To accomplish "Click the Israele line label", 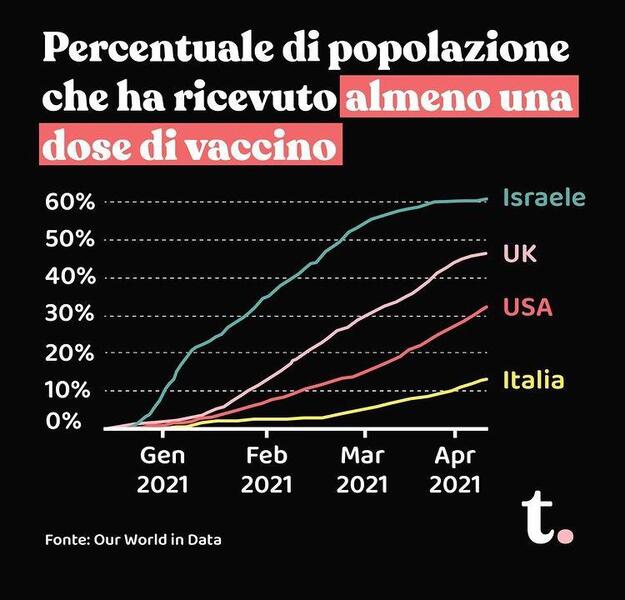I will coord(544,197).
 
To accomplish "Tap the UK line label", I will coord(520,254).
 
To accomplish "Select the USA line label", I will coord(526,306).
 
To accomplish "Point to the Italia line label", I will coord(533,380).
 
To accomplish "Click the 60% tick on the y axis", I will coord(70,202).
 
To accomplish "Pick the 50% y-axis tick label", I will coord(70,240).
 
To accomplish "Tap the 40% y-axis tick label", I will coord(70,277).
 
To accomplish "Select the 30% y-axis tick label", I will coord(70,315).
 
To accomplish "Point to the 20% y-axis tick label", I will coord(70,353).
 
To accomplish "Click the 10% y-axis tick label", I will coord(70,390).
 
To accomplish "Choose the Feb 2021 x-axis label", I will coord(267,469).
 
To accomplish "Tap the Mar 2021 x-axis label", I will coord(363,469).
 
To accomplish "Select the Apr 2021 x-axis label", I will coord(455,469).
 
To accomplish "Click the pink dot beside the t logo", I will coord(566,535).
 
